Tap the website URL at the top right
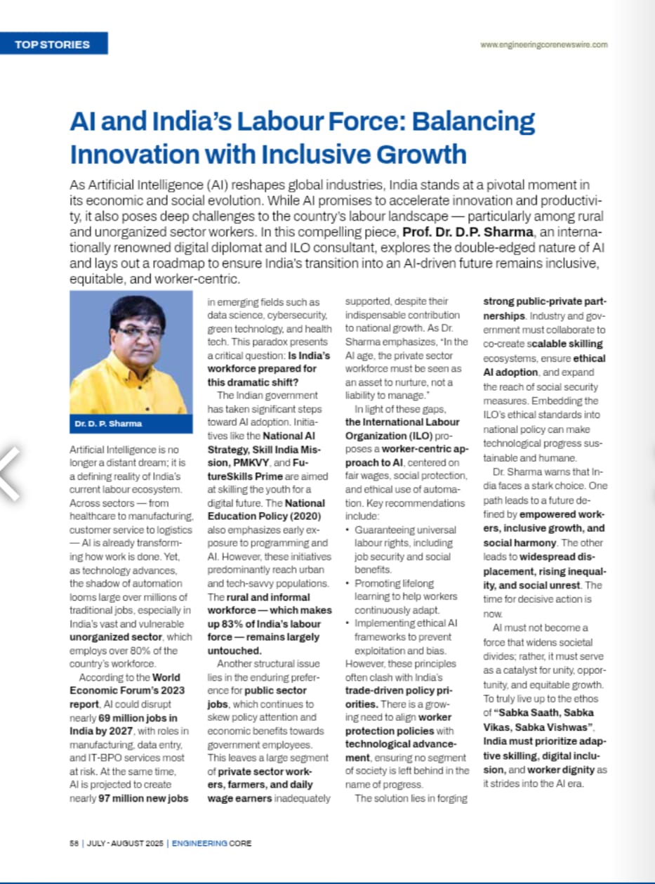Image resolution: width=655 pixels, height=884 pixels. (x=544, y=44)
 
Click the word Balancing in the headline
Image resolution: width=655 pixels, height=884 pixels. (x=472, y=122)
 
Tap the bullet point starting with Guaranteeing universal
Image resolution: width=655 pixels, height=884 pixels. (x=404, y=530)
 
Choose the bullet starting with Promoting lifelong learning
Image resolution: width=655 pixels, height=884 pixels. (x=395, y=583)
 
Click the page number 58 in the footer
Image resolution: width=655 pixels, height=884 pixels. (x=74, y=843)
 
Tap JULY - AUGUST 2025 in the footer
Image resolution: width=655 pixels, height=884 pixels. (x=125, y=843)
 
